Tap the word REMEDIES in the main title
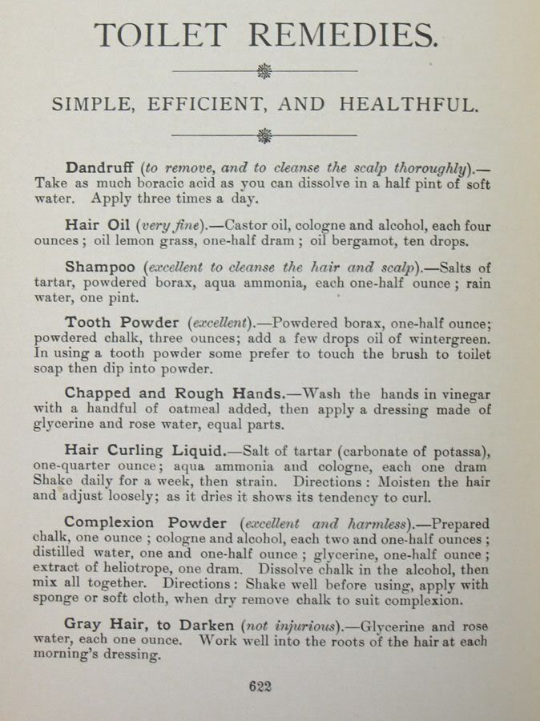click(x=343, y=35)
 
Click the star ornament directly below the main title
click(x=264, y=71)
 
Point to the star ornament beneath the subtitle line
click(x=264, y=135)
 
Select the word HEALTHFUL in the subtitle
click(x=409, y=104)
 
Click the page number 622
click(x=261, y=686)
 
